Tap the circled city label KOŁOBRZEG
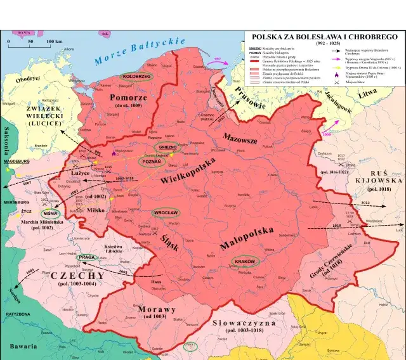point(134,76)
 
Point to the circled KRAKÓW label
point(244,261)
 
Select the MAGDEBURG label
point(17,162)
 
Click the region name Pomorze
point(129,98)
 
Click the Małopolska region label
point(254,234)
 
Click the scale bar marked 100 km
point(34,43)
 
